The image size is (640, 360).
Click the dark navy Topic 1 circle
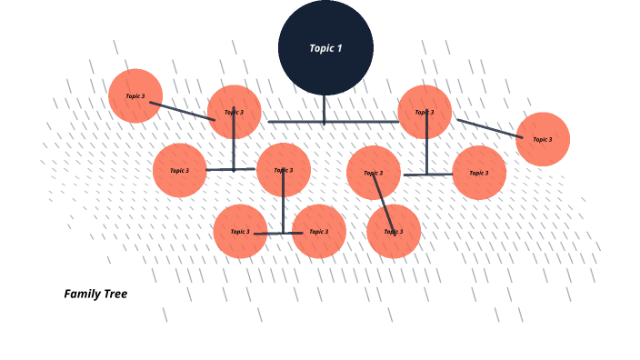click(325, 47)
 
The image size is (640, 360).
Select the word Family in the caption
click(81, 294)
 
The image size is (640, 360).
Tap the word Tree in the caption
click(115, 294)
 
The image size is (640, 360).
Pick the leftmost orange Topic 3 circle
click(135, 95)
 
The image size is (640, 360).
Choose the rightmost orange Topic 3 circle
click(543, 139)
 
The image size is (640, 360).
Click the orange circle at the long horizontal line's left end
click(235, 112)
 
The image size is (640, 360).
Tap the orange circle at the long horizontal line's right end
click(425, 112)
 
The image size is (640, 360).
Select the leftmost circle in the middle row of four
click(180, 170)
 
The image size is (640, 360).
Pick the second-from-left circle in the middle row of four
click(284, 170)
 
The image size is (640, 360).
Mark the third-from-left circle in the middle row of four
click(374, 173)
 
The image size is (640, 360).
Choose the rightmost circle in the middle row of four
click(479, 173)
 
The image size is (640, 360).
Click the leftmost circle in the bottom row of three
click(240, 231)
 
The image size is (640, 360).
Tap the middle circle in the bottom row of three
click(319, 231)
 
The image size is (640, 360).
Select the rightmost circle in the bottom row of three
click(394, 231)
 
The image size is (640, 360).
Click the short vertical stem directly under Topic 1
click(324, 109)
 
